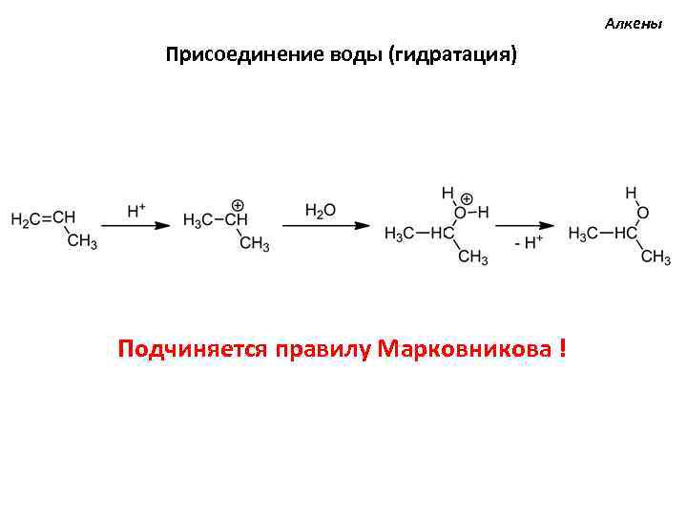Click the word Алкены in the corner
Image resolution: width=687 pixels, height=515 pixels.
click(x=633, y=23)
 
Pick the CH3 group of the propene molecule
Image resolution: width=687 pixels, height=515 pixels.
click(x=82, y=243)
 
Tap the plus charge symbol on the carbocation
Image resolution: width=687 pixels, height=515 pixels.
click(x=238, y=205)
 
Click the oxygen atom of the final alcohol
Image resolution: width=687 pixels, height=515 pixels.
click(x=642, y=213)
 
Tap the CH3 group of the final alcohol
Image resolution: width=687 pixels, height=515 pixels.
click(x=656, y=257)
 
